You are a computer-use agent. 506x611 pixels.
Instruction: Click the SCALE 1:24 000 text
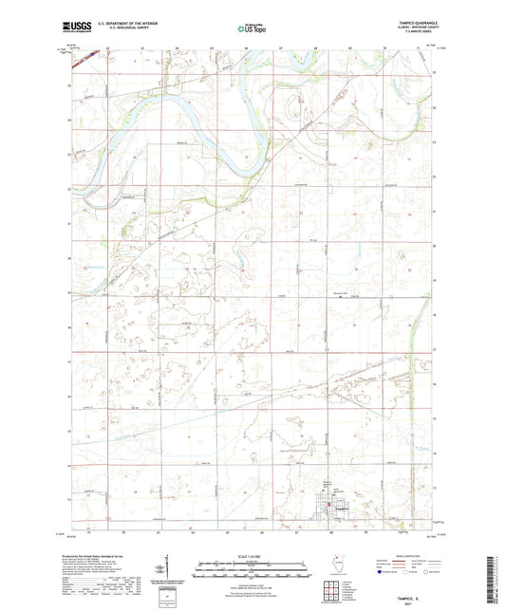(x=253, y=554)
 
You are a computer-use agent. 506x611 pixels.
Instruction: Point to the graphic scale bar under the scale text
(x=253, y=566)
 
